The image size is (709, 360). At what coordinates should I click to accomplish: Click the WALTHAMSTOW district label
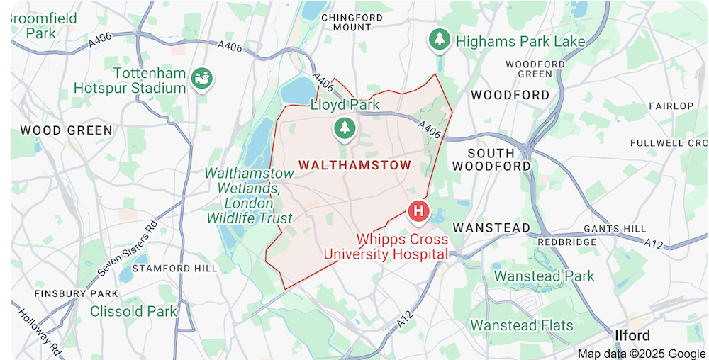[354, 165]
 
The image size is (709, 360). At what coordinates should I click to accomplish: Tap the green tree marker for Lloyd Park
[345, 128]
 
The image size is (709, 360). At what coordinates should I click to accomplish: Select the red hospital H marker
[418, 210]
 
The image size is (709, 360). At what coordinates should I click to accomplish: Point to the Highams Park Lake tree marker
[440, 40]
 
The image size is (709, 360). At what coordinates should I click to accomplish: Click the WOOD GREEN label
[66, 130]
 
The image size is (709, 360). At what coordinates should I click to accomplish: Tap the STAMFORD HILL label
[171, 269]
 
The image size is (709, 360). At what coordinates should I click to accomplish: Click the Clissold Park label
[133, 311]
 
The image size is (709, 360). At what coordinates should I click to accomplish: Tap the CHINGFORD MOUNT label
[352, 22]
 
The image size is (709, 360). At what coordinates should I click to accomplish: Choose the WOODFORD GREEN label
[535, 69]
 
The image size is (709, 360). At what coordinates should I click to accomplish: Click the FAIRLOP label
[671, 106]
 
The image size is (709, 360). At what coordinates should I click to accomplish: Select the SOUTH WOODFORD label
[500, 159]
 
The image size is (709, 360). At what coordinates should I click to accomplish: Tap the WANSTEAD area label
[491, 227]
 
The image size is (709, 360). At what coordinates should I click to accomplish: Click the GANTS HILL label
[615, 229]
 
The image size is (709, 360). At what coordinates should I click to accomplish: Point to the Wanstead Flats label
[521, 325]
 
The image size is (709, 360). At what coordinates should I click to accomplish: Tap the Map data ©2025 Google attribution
[641, 354]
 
